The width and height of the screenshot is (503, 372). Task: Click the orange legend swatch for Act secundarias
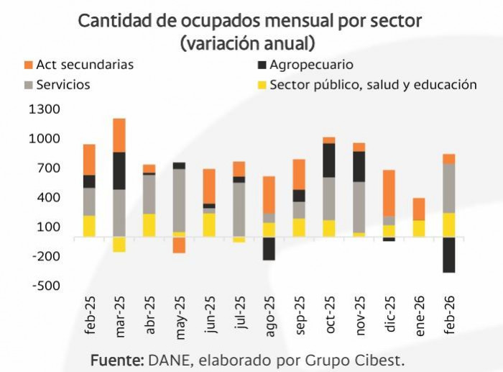pyautogui.click(x=29, y=65)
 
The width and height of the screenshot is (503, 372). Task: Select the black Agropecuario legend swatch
pyautogui.click(x=262, y=65)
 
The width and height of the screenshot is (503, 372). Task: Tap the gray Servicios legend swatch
pyautogui.click(x=29, y=85)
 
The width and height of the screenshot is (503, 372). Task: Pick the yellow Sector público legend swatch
pyautogui.click(x=262, y=85)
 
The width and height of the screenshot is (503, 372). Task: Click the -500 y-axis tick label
pyautogui.click(x=45, y=286)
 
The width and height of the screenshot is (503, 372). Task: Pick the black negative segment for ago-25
pyautogui.click(x=269, y=248)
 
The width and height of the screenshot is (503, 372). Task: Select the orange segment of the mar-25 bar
pyautogui.click(x=119, y=135)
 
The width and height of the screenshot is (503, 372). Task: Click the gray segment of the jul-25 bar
pyautogui.click(x=239, y=209)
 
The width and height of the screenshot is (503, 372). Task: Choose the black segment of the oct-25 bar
pyautogui.click(x=328, y=160)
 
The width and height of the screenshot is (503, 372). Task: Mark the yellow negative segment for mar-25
pyautogui.click(x=119, y=244)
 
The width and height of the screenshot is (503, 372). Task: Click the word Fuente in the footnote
pyautogui.click(x=118, y=358)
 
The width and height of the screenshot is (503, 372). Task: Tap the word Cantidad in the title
pyautogui.click(x=115, y=22)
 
